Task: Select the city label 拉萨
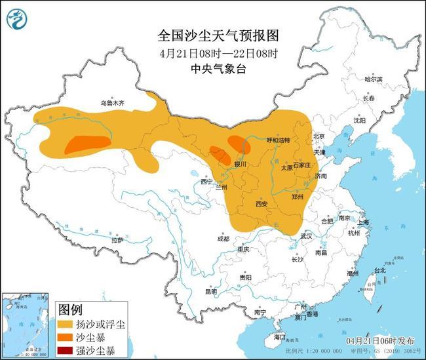117,240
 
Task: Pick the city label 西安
261,204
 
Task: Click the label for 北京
319,136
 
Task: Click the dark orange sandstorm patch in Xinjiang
85,144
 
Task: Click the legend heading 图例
70,308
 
